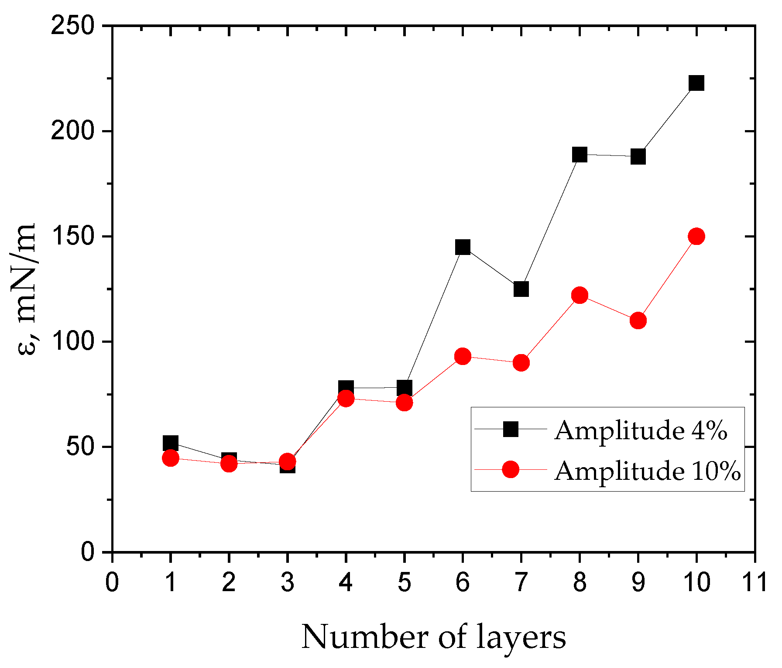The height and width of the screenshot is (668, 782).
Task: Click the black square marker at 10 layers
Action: pos(696,83)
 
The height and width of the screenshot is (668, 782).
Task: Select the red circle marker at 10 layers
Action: pos(696,236)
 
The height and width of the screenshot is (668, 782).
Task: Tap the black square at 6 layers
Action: pos(463,247)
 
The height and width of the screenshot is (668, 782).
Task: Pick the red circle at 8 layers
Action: pos(580,295)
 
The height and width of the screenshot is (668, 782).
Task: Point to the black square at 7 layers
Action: pos(521,289)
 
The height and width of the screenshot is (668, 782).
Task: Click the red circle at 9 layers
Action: pos(638,320)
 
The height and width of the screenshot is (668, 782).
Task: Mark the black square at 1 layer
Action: pos(170,443)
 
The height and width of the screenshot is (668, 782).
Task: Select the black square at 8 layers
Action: pos(580,155)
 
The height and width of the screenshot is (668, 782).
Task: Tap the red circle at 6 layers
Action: pos(463,357)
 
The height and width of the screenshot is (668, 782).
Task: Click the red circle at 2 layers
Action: pos(229,464)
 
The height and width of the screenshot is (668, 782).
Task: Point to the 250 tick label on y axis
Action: pos(73,26)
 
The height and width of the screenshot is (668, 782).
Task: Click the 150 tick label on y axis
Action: pos(73,237)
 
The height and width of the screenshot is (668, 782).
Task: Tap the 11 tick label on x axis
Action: pos(754,582)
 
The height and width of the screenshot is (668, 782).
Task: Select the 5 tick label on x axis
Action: pos(404,582)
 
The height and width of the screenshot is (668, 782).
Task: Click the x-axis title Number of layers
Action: pos(433,637)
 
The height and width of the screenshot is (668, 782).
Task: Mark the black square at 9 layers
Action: pos(638,156)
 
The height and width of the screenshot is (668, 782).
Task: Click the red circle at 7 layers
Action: pos(521,362)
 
